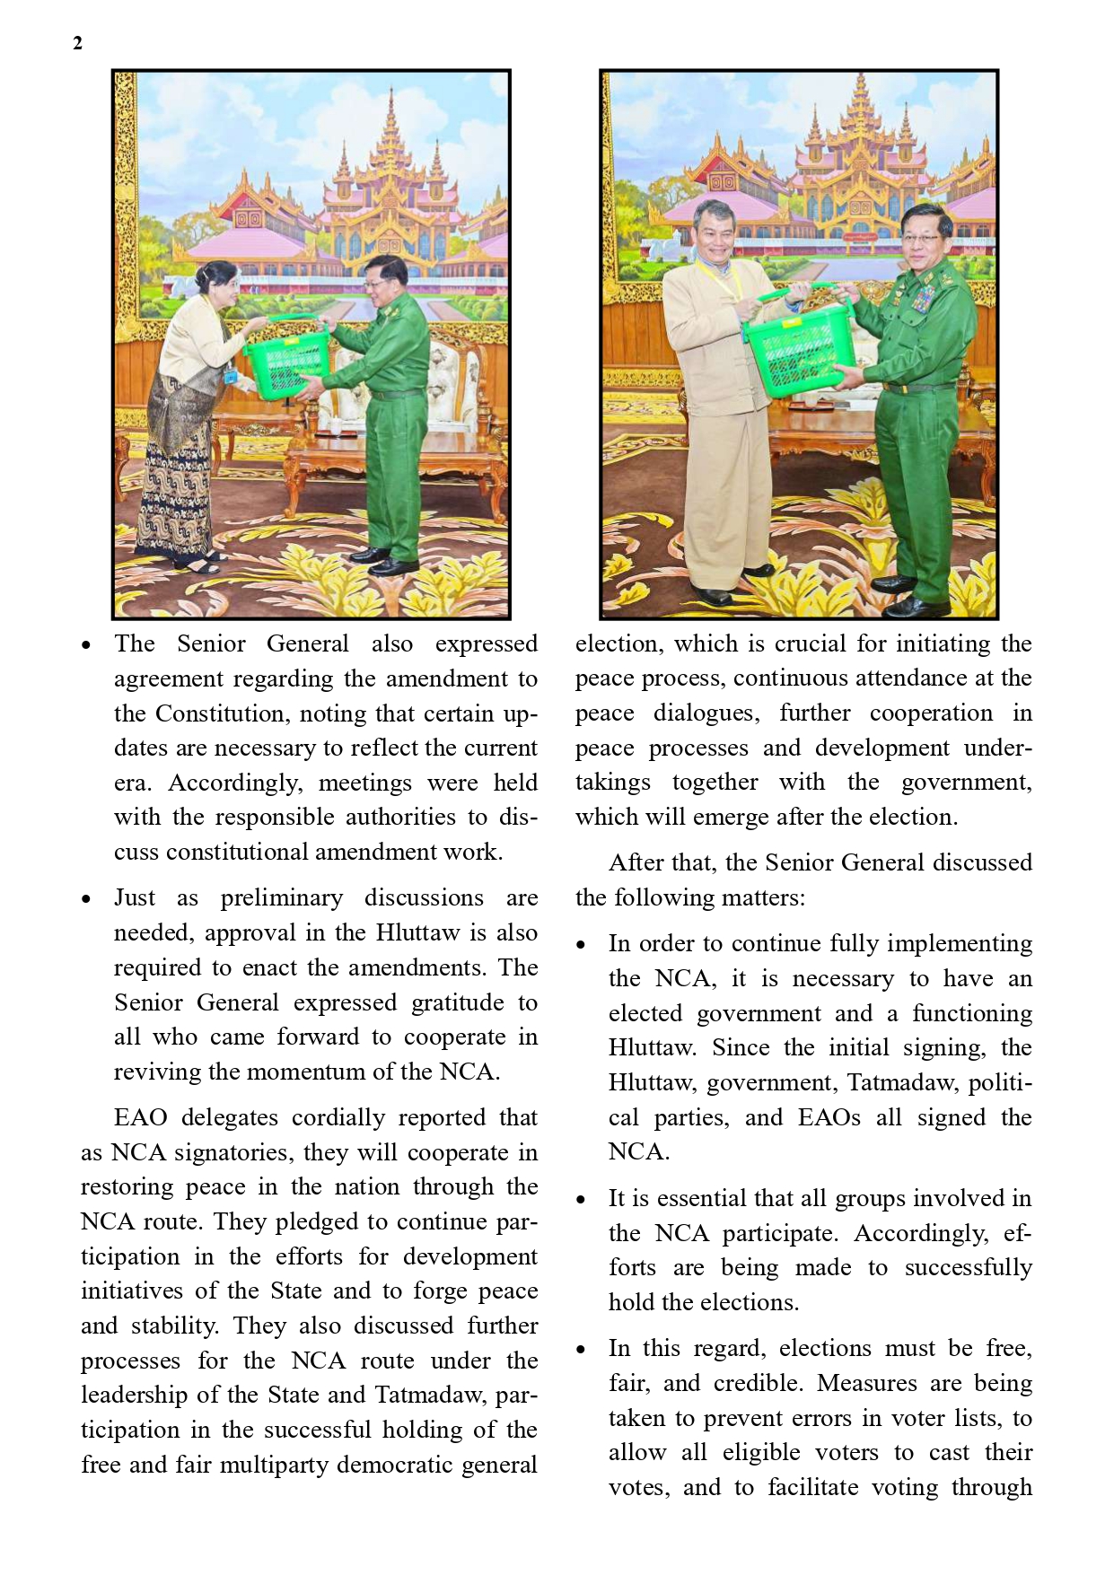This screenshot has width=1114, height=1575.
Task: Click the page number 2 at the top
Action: [x=77, y=43]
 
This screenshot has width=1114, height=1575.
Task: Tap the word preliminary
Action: [x=282, y=898]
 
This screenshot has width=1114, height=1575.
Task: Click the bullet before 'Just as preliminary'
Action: [x=85, y=899]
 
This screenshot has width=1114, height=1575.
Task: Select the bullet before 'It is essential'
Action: [x=581, y=1200]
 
